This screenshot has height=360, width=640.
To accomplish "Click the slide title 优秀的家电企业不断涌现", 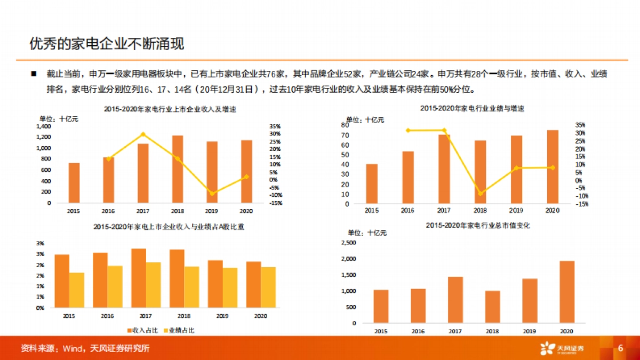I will tap(107, 44).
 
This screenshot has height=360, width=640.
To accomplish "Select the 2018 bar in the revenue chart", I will tap(178, 169).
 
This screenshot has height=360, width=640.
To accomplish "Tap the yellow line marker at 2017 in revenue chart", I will tap(143, 134).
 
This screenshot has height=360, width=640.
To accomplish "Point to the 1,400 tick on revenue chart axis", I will tap(44, 126).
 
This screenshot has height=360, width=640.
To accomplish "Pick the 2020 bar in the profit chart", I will tap(553, 167).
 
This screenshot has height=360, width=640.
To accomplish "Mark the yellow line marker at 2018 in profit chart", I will tap(481, 193).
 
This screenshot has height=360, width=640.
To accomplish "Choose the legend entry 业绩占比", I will tap(178, 331).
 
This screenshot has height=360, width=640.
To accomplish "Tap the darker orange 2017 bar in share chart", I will tap(139, 278).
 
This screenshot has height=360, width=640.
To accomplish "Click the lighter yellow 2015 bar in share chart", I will tap(77, 290).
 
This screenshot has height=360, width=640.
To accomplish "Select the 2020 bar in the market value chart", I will tap(553, 292).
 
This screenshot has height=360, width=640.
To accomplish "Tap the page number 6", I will tap(620, 348).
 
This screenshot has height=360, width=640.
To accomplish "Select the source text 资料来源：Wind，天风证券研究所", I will tap(85, 349).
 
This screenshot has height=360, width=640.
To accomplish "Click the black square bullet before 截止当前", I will tap(34, 74).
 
